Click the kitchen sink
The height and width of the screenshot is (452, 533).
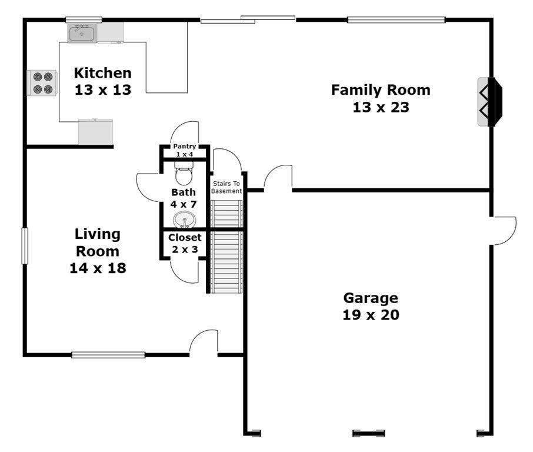[x=82, y=34]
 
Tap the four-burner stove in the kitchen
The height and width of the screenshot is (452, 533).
[x=42, y=83]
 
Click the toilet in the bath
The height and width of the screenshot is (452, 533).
[x=184, y=173]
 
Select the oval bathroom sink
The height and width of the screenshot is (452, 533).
[x=184, y=220]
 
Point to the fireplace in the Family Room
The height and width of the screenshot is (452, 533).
[x=489, y=102]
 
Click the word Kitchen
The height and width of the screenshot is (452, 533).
[x=102, y=73]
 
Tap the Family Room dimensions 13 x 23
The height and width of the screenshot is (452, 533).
[x=381, y=108]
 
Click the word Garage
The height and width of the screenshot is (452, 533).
[x=371, y=298]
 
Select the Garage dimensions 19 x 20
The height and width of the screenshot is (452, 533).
[x=371, y=315]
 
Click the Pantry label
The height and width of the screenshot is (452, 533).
[x=185, y=146]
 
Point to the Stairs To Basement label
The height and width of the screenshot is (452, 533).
[x=226, y=187]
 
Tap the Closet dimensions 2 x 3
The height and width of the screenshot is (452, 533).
[x=185, y=250]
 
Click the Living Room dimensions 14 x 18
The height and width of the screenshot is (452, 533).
[x=98, y=268]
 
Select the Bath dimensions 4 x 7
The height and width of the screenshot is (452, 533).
[x=184, y=204]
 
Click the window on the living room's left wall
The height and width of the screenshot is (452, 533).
[x=25, y=246]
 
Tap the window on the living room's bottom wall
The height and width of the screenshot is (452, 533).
[x=108, y=355]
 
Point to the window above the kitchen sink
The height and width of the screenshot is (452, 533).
[x=84, y=20]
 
